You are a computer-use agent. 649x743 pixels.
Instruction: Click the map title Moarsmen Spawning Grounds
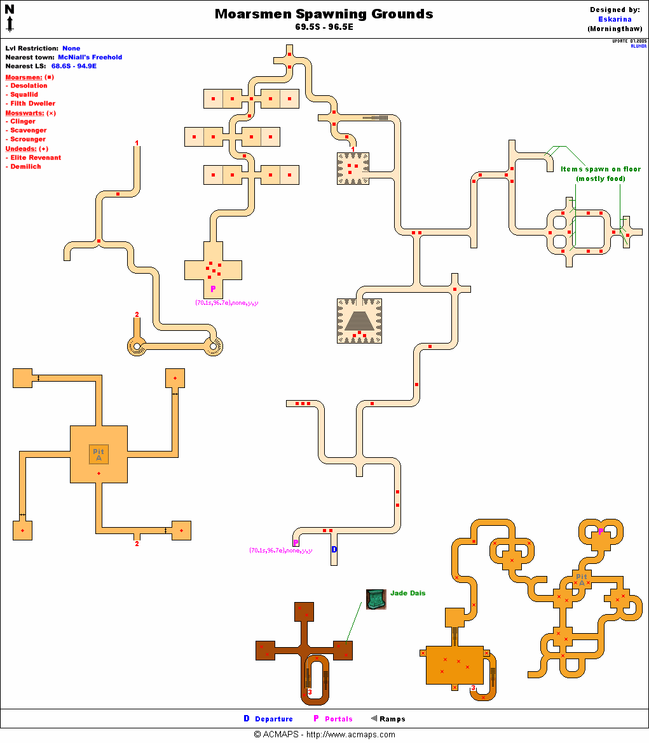(324, 14)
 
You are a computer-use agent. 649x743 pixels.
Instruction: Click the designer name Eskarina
(615, 19)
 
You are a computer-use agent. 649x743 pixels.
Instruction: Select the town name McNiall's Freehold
(90, 57)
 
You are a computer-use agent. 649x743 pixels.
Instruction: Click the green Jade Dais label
(407, 593)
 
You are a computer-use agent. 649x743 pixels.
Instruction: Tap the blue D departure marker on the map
(334, 549)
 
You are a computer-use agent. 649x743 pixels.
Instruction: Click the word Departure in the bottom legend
(274, 719)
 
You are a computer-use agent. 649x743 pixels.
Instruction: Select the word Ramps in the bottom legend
(392, 719)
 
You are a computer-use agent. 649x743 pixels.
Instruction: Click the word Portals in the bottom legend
(338, 719)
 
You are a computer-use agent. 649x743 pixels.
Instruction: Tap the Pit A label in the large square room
(99, 455)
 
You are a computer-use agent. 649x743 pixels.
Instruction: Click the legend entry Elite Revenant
(36, 157)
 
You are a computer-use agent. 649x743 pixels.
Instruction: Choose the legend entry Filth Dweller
(32, 104)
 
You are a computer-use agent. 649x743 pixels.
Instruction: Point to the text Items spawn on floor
(601, 170)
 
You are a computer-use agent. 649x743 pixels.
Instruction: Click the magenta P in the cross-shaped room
(213, 289)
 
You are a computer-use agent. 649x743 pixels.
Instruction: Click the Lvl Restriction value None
(71, 48)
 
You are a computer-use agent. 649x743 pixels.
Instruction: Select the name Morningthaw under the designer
(615, 29)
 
